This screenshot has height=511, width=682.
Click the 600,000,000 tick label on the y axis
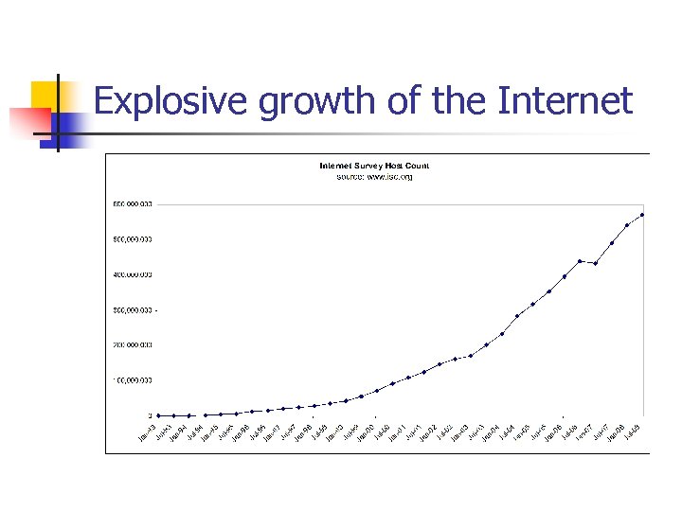134,203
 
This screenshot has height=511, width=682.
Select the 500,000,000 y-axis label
134,239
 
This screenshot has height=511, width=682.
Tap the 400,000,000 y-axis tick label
134,274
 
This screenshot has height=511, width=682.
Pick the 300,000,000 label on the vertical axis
134,309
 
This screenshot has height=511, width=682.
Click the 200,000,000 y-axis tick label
134,344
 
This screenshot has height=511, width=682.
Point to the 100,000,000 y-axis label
134,380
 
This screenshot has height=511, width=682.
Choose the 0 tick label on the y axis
149,415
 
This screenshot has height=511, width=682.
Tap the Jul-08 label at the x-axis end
632,432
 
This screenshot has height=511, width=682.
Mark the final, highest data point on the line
642,215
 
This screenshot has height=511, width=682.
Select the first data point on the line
159,415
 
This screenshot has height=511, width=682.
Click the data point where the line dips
595,263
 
